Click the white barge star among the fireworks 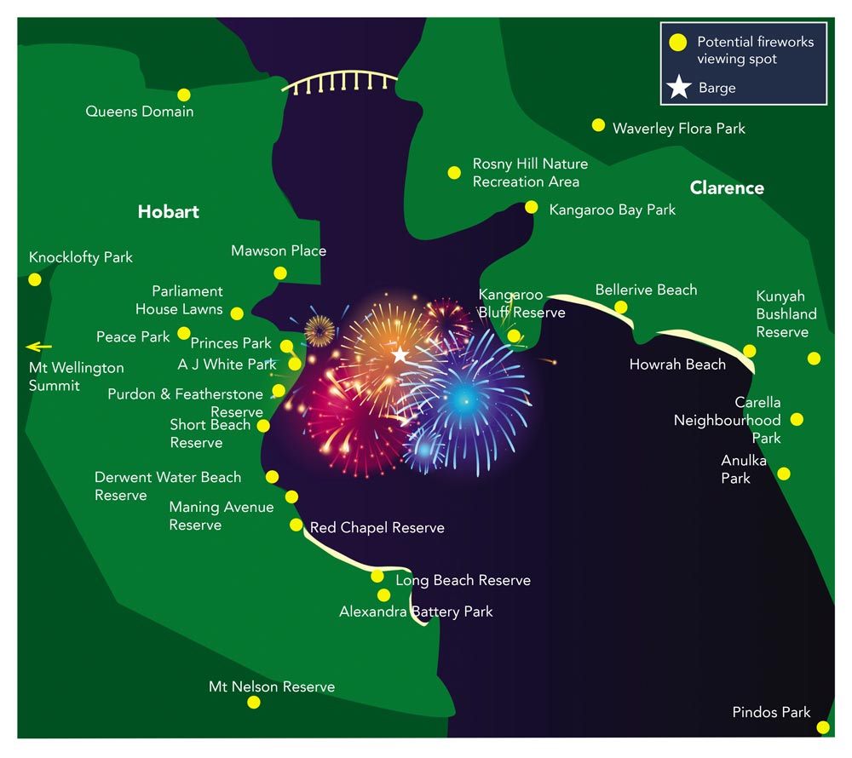[x=400, y=354]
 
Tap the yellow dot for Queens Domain [x=183, y=95]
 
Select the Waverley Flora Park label [x=678, y=129]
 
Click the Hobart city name [x=169, y=211]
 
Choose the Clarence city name [x=727, y=188]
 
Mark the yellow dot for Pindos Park [x=822, y=727]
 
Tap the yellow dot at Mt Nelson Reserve [x=253, y=702]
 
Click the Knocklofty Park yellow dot [x=35, y=279]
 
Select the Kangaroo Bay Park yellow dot [x=532, y=207]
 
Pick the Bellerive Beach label [x=646, y=290]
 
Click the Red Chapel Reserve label [x=377, y=528]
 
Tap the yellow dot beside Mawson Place [x=279, y=273]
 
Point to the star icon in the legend [x=678, y=87]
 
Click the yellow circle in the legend [x=678, y=42]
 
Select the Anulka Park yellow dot [x=784, y=474]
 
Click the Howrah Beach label [x=677, y=365]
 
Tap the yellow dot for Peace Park [x=184, y=333]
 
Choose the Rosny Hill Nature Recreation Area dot [x=454, y=173]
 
